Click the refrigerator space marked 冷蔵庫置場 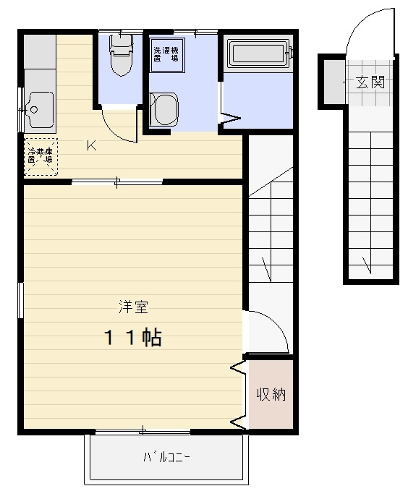41,156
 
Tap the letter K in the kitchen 91,145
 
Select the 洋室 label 133,307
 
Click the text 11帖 133,337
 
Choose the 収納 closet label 271,394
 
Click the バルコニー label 166,456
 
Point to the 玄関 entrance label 369,82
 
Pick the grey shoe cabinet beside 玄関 332,82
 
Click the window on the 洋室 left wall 21,300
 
